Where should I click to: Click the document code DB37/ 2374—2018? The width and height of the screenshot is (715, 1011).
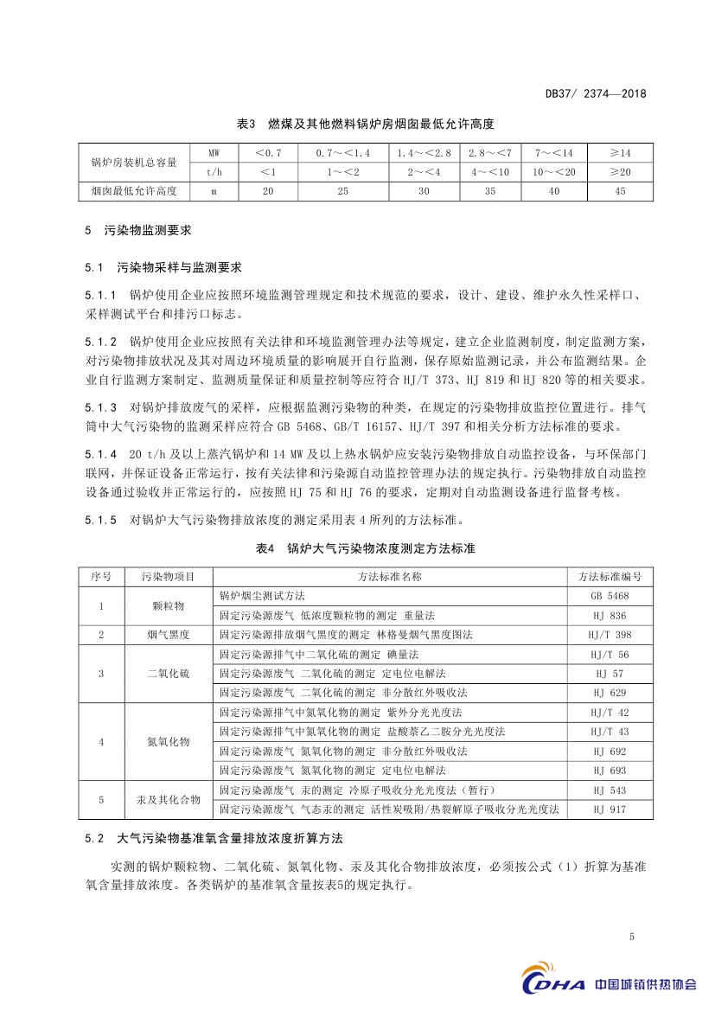[x=596, y=95]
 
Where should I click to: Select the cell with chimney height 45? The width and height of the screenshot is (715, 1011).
[x=619, y=190]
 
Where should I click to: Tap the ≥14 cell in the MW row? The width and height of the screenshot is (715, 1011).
[x=619, y=152]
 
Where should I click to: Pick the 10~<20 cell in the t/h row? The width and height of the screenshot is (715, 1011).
[x=553, y=171]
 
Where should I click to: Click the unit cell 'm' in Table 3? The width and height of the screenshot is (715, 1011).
[x=214, y=190]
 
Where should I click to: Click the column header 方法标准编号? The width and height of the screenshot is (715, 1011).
[x=610, y=576]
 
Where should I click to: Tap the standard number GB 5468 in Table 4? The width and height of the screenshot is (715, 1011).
[x=610, y=596]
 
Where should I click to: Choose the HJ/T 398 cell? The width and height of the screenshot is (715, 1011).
[x=610, y=634]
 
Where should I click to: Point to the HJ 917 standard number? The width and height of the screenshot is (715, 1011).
[x=610, y=809]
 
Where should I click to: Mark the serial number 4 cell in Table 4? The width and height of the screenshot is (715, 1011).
[x=101, y=741]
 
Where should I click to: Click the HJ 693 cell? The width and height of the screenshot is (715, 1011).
[x=610, y=770]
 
